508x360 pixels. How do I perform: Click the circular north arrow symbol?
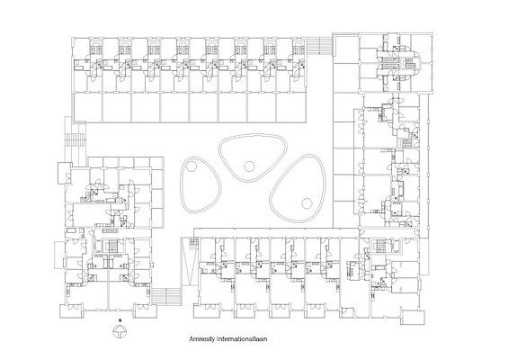(x=120, y=332)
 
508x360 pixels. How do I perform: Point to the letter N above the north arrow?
(x=120, y=320)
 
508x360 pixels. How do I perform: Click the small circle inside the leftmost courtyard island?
(x=192, y=166)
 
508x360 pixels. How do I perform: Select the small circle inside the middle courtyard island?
(x=249, y=166)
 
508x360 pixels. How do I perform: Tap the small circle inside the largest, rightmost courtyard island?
(x=307, y=203)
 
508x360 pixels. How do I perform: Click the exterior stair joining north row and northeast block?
(x=319, y=43)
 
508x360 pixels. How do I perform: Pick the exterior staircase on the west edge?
(x=76, y=139)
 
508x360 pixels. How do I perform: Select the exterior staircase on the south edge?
(x=166, y=296)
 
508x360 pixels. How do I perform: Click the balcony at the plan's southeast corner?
(x=413, y=317)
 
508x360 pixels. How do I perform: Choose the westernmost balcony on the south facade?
(x=72, y=311)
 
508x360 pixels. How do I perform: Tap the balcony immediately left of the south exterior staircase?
(x=145, y=311)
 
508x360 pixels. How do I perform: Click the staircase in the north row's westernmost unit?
(x=95, y=49)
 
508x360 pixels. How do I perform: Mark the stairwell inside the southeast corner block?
(x=379, y=245)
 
